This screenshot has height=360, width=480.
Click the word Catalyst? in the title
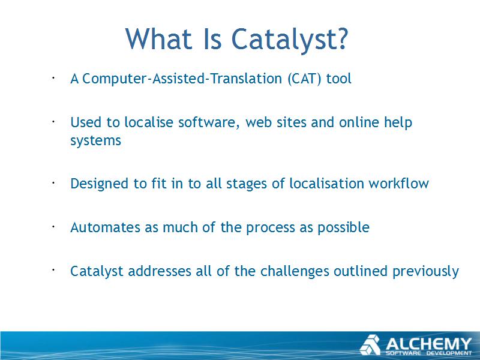click(x=290, y=38)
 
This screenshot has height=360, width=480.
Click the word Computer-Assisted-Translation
click(x=182, y=79)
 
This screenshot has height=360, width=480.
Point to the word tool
click(x=338, y=79)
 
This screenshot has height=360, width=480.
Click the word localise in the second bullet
click(x=149, y=122)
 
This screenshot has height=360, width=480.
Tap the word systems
click(x=96, y=141)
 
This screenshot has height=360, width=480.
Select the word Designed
click(x=100, y=184)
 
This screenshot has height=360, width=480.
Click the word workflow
click(x=398, y=184)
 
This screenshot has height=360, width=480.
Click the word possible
click(x=343, y=227)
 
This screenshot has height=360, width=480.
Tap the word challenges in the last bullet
click(x=295, y=272)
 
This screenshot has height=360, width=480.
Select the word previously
click(x=425, y=272)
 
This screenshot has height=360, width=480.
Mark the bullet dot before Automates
click(x=53, y=227)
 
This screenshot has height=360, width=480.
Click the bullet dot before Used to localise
click(x=53, y=122)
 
